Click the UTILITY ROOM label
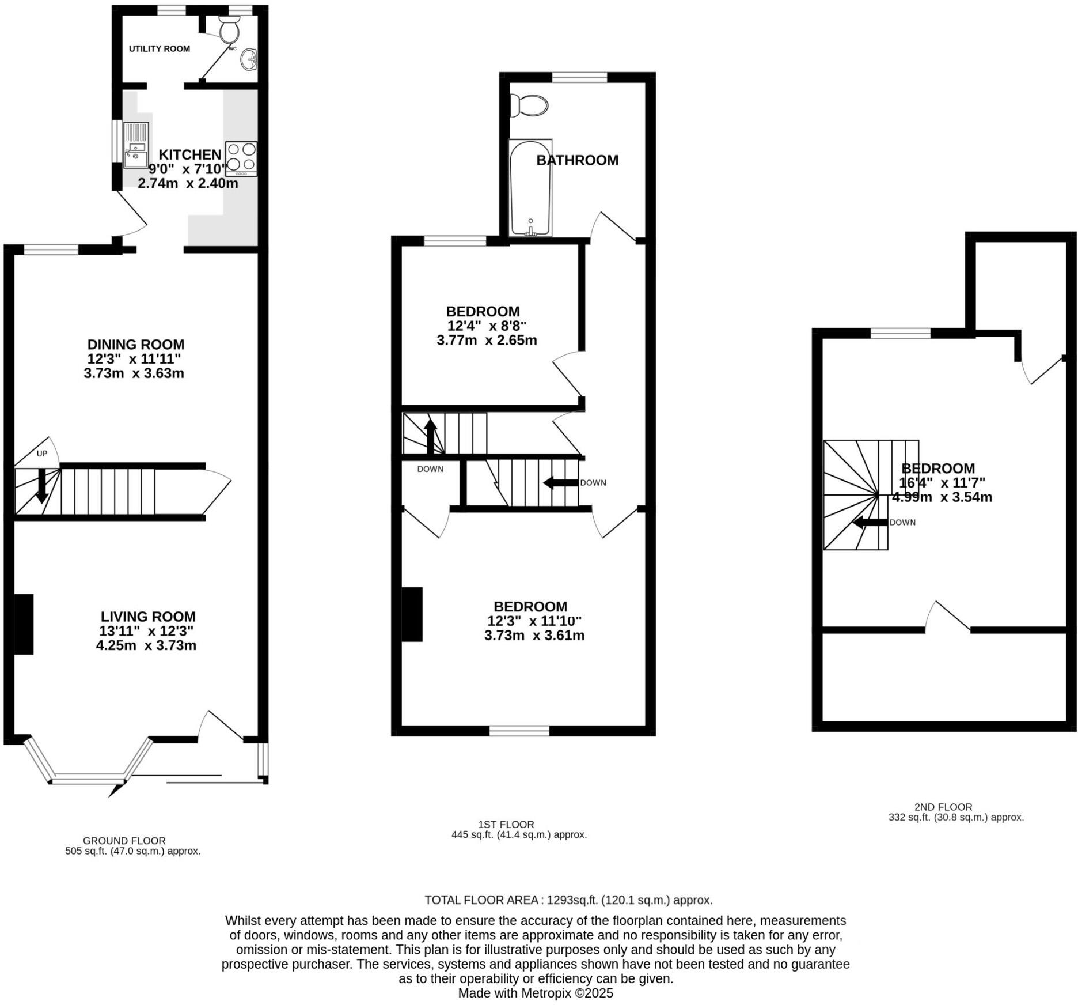[159, 49]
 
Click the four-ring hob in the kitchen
[241, 158]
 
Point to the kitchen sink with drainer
[135, 145]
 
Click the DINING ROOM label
[136, 345]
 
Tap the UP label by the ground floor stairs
[42, 454]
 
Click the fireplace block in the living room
[24, 624]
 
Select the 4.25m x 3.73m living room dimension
[146, 645]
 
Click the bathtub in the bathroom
[530, 187]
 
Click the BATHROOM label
[577, 160]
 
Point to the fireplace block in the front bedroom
[412, 614]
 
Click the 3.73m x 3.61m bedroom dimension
[534, 636]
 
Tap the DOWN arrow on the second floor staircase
[869, 523]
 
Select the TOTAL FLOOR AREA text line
[568, 900]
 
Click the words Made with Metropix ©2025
[536, 993]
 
